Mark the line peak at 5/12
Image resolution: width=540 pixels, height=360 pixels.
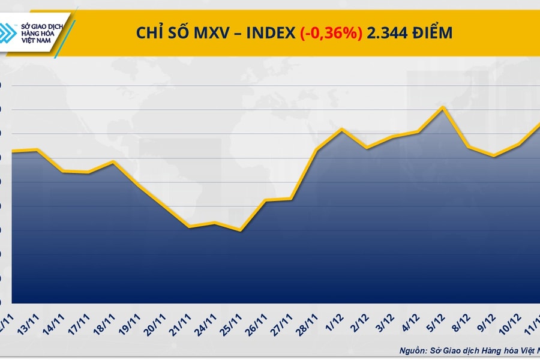442,107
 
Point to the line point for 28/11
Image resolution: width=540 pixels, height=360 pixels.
316,149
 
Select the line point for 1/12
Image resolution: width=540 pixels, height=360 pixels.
341,129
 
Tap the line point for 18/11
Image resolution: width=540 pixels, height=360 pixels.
113,161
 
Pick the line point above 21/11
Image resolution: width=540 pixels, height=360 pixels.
190,227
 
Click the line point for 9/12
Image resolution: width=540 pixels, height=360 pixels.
493,156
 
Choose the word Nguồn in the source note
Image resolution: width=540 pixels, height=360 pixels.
413,349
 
